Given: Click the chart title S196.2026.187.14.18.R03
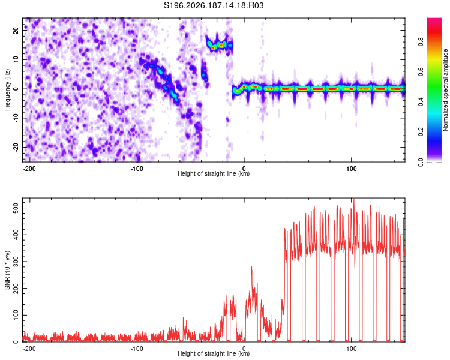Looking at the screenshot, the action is tap(214, 5).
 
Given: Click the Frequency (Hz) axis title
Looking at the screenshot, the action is tap(7, 90).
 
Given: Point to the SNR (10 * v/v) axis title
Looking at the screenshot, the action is tap(7, 270).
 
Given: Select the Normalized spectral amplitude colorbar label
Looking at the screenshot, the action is tap(445, 90).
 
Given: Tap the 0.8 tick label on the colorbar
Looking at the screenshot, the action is tap(421, 42).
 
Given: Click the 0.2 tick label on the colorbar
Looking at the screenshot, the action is tap(421, 132).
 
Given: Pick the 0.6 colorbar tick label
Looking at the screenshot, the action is tap(421, 72).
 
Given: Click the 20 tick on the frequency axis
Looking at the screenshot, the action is tap(16, 31).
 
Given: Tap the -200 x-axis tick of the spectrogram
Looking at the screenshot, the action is tap(29, 169).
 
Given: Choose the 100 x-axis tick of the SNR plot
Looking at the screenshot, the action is tap(351, 349).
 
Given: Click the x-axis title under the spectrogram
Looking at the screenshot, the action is tap(214, 173).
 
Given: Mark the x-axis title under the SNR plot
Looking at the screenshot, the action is tap(214, 353).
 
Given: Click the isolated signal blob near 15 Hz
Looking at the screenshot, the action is tap(219, 45).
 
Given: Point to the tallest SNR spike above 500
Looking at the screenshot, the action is tap(354, 200).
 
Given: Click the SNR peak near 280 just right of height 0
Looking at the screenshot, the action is tap(251, 268).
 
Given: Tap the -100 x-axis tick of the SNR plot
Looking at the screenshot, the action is tap(137, 349).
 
